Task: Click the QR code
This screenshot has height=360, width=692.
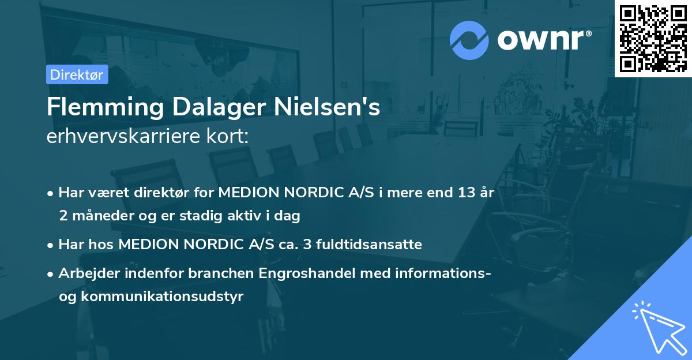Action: (x=653, y=39)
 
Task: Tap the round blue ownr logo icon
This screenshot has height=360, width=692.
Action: (x=469, y=40)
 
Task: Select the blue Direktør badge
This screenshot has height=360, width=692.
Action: (x=77, y=74)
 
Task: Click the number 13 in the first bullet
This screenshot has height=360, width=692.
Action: (x=463, y=193)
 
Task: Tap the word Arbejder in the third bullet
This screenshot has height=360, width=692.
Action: (x=85, y=273)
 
